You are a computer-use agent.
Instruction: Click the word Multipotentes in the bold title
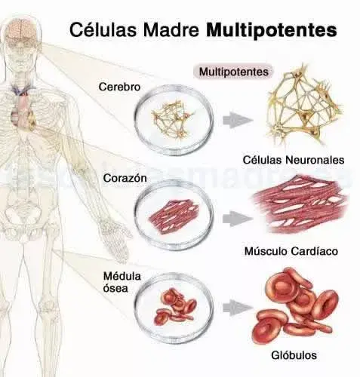pos(271,30)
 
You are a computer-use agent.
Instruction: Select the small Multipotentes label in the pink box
pos(234,72)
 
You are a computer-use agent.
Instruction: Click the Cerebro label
pos(119,87)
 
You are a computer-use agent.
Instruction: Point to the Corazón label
pos(125,178)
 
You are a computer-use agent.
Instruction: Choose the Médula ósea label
pos(122,282)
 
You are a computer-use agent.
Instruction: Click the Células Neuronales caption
pos(294,160)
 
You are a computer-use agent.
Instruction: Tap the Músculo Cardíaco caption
pos(291,251)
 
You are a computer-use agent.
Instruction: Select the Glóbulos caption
pos(294,355)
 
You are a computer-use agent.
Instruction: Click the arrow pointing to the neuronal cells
pos(238,120)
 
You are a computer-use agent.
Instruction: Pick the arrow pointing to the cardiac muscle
pos(238,219)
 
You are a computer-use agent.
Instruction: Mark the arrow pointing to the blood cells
pos(238,307)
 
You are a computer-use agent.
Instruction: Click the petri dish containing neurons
pos(174,120)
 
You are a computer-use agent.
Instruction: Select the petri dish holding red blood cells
pos(174,307)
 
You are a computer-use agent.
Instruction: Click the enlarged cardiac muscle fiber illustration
pos(300,204)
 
